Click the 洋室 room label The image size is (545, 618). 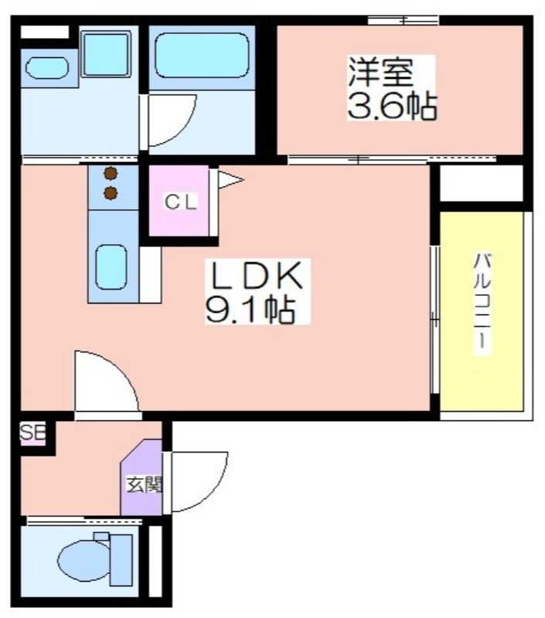(380, 73)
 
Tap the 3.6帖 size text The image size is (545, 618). (392, 106)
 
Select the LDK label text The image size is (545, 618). (257, 276)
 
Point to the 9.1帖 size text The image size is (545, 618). (250, 310)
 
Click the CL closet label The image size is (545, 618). (181, 202)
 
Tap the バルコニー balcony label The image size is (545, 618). (482, 302)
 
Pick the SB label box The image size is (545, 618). (32, 433)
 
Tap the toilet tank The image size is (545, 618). (121, 559)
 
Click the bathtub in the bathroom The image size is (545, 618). (203, 55)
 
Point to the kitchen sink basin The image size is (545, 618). (111, 267)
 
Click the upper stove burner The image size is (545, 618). (111, 173)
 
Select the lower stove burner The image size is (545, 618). (111, 192)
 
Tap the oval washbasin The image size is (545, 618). (47, 68)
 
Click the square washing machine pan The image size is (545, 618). (107, 54)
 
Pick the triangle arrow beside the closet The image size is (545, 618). (230, 180)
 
